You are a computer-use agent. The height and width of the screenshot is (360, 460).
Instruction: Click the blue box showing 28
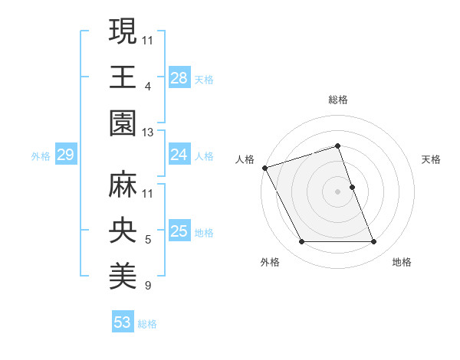[x=179, y=78]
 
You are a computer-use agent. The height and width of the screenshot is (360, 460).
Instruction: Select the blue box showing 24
[x=179, y=155]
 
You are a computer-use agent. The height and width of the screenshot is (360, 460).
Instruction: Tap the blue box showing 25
[x=179, y=232]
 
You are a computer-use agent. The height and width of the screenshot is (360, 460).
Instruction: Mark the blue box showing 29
[x=65, y=155]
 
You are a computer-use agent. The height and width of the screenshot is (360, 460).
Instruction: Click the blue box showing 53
[x=123, y=322]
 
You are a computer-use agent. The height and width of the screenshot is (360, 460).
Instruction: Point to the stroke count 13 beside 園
[x=148, y=133]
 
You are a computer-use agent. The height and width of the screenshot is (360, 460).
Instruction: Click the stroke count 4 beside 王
[x=148, y=87]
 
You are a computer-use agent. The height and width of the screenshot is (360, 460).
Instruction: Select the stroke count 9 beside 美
[x=148, y=286]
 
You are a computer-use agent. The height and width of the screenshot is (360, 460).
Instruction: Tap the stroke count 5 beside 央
[x=148, y=240]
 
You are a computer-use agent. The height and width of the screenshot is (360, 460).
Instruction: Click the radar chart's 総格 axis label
[x=338, y=100]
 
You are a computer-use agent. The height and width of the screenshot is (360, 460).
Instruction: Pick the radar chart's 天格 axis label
[x=431, y=159]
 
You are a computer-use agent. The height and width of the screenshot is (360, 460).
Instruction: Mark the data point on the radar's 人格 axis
[x=265, y=168]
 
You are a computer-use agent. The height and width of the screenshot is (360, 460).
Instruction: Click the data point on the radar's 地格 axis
[x=374, y=242]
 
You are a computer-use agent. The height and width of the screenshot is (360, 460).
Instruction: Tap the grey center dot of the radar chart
[x=338, y=191]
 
